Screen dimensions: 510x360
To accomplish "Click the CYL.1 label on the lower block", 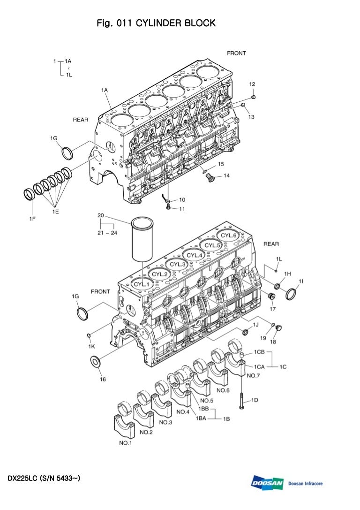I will point(142,284).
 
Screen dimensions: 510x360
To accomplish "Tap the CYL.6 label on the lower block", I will point(229,236).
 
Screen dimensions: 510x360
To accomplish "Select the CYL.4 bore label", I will point(195,255).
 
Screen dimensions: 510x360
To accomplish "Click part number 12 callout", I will point(252,84).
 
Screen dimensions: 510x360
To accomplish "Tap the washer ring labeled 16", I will point(96,362).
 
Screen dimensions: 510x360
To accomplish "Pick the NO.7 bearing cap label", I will point(253,375).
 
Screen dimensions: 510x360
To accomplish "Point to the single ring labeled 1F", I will point(29,194).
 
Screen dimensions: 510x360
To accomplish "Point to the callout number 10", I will point(182,200).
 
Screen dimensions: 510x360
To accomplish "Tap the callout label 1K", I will point(92,346).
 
